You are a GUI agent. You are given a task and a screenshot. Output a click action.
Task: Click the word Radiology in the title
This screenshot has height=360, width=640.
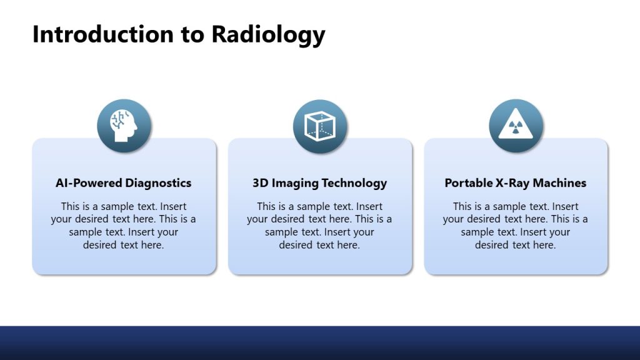coord(268,34)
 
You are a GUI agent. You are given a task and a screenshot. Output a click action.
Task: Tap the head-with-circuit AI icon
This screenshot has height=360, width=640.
coord(124,126)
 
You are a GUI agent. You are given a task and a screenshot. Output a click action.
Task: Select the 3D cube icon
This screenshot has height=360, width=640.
coord(320,126)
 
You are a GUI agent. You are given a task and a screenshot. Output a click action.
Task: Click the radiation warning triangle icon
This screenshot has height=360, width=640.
coord(516,126)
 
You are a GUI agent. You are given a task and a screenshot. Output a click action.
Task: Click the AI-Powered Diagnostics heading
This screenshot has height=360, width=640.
coord(124,183)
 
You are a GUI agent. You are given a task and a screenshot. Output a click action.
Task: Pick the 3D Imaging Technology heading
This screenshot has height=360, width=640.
coord(320,183)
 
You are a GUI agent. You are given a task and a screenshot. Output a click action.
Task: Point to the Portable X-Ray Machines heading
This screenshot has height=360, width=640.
coord(516,183)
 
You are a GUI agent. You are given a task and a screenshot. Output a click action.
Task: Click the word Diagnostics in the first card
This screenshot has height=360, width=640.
coord(158,183)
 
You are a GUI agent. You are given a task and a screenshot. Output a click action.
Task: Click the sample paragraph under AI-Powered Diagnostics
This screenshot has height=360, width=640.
coord(124,226)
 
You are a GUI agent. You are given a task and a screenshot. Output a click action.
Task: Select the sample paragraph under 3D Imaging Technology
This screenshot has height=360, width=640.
coord(320,226)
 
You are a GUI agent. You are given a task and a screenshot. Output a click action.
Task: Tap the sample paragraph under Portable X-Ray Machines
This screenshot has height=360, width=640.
coord(516,226)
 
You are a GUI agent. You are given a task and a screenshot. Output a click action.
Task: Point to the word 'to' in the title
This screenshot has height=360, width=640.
coord(193,34)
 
